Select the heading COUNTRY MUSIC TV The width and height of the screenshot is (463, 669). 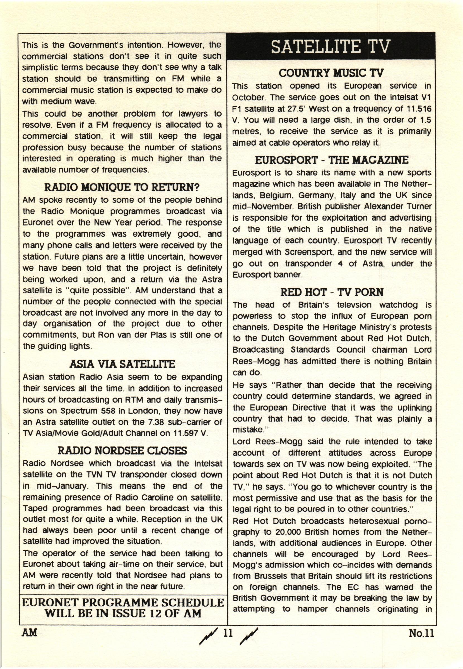[331, 73]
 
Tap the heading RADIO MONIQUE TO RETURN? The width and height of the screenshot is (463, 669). [122, 188]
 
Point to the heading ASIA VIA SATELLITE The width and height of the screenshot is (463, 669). [122, 364]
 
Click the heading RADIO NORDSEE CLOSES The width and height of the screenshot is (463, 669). [122, 451]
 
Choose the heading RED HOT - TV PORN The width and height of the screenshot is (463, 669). [332, 292]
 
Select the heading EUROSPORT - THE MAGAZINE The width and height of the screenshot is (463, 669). [332, 160]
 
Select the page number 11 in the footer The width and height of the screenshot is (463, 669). [228, 633]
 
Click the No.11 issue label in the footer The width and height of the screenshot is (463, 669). [421, 633]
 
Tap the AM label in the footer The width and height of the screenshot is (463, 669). [29, 633]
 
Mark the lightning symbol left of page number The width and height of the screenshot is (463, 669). [208, 635]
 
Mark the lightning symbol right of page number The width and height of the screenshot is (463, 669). [249, 635]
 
